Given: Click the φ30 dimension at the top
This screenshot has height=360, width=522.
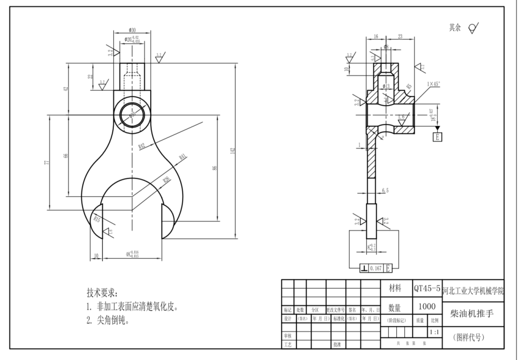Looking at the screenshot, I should (132, 30).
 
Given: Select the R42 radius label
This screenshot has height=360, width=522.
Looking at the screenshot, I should (142, 146).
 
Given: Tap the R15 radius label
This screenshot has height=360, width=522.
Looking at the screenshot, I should (97, 218).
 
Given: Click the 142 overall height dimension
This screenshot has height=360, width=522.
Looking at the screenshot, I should (233, 151).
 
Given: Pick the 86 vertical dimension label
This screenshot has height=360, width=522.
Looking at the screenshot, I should (215, 168).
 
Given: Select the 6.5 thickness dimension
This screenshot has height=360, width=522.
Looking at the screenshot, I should (386, 190).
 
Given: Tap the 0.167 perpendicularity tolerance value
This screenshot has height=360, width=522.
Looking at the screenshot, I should (375, 269).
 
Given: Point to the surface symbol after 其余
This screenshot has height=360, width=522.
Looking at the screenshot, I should (473, 28).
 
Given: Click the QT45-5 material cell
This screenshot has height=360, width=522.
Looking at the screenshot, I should (427, 289).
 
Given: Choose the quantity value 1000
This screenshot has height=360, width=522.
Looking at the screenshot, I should (427, 306).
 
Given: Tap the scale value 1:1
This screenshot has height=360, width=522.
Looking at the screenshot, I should (434, 331).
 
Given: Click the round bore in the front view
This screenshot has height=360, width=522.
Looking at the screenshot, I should (132, 115).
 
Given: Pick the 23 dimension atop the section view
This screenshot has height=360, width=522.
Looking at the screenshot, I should (400, 36).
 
